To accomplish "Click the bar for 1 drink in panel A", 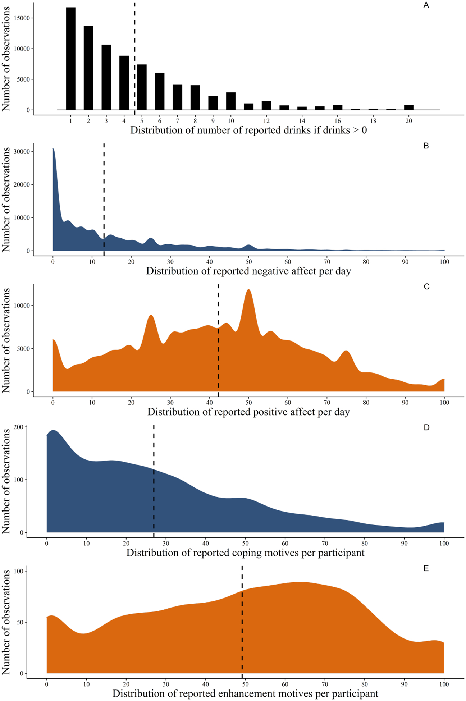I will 70,59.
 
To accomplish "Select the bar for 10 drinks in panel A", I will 231,101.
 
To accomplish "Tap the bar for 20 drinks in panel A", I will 408,107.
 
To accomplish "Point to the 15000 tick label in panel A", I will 23,18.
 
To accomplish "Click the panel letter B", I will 426,146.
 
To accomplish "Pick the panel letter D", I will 426,427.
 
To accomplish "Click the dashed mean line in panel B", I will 104,198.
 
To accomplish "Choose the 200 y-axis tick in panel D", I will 18,427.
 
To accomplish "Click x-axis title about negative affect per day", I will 248,271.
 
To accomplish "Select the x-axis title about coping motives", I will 245,553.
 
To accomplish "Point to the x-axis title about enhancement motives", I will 245,693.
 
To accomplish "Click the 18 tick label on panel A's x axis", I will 373,121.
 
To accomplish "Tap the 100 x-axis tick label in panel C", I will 444,403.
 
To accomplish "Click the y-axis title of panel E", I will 6,622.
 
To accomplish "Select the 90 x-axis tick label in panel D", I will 404,544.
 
